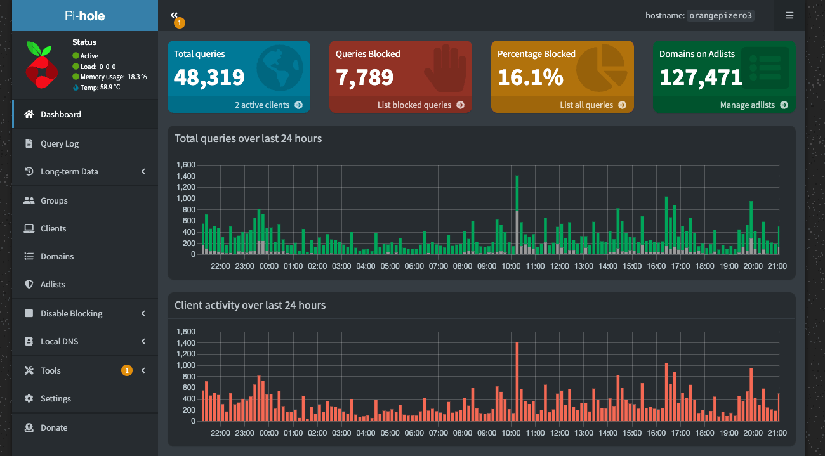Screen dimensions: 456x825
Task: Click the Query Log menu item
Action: point(60,143)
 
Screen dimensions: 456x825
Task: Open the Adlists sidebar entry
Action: point(53,284)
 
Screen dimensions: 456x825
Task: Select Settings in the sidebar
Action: point(56,398)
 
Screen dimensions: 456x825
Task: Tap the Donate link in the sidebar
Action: point(54,427)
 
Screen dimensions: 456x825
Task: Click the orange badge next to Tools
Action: point(126,370)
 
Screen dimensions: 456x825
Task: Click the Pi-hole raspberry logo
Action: point(42,65)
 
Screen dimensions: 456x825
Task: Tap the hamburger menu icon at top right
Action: point(789,15)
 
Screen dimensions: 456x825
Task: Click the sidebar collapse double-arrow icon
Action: point(174,15)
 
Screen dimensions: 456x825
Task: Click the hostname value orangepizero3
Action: point(720,15)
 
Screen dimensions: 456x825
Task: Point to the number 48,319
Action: point(209,77)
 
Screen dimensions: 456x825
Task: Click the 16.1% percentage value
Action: point(531,77)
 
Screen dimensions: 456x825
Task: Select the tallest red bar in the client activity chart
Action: point(517,381)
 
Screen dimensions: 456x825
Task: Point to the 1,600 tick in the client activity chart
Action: point(186,331)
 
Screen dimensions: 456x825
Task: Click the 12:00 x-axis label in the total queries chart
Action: point(559,266)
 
